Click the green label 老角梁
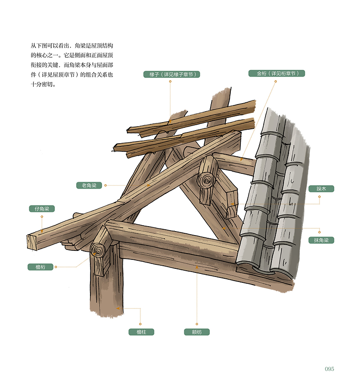(x=89, y=185)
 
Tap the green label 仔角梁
(x=42, y=209)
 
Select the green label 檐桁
(x=41, y=267)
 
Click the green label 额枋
(x=197, y=332)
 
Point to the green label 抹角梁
(x=321, y=240)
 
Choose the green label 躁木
(x=321, y=189)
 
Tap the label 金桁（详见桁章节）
(x=277, y=73)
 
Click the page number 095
(x=329, y=369)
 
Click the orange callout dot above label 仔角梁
(x=42, y=216)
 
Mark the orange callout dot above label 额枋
(x=197, y=324)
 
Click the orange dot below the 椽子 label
(x=170, y=82)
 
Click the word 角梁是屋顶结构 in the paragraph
(x=90, y=46)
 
